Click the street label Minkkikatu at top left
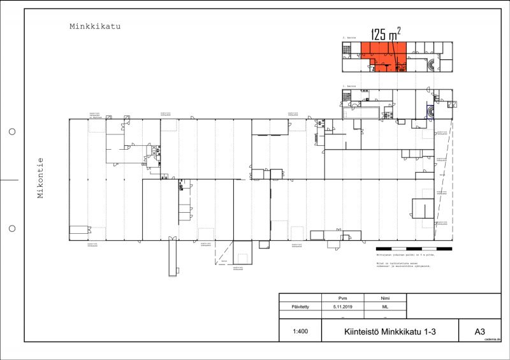pos(95,27)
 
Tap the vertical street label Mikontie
pos(40,178)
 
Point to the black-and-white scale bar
pos(414,248)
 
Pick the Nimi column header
pos(385,298)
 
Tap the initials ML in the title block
pos(385,306)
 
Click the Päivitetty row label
pos(300,306)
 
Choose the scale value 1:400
pos(300,331)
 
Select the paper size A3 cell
pos(479,331)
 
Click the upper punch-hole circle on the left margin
pos(12,133)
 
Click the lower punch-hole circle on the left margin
pos(12,228)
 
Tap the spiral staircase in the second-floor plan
pos(433,64)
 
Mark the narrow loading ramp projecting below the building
pos(172,258)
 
